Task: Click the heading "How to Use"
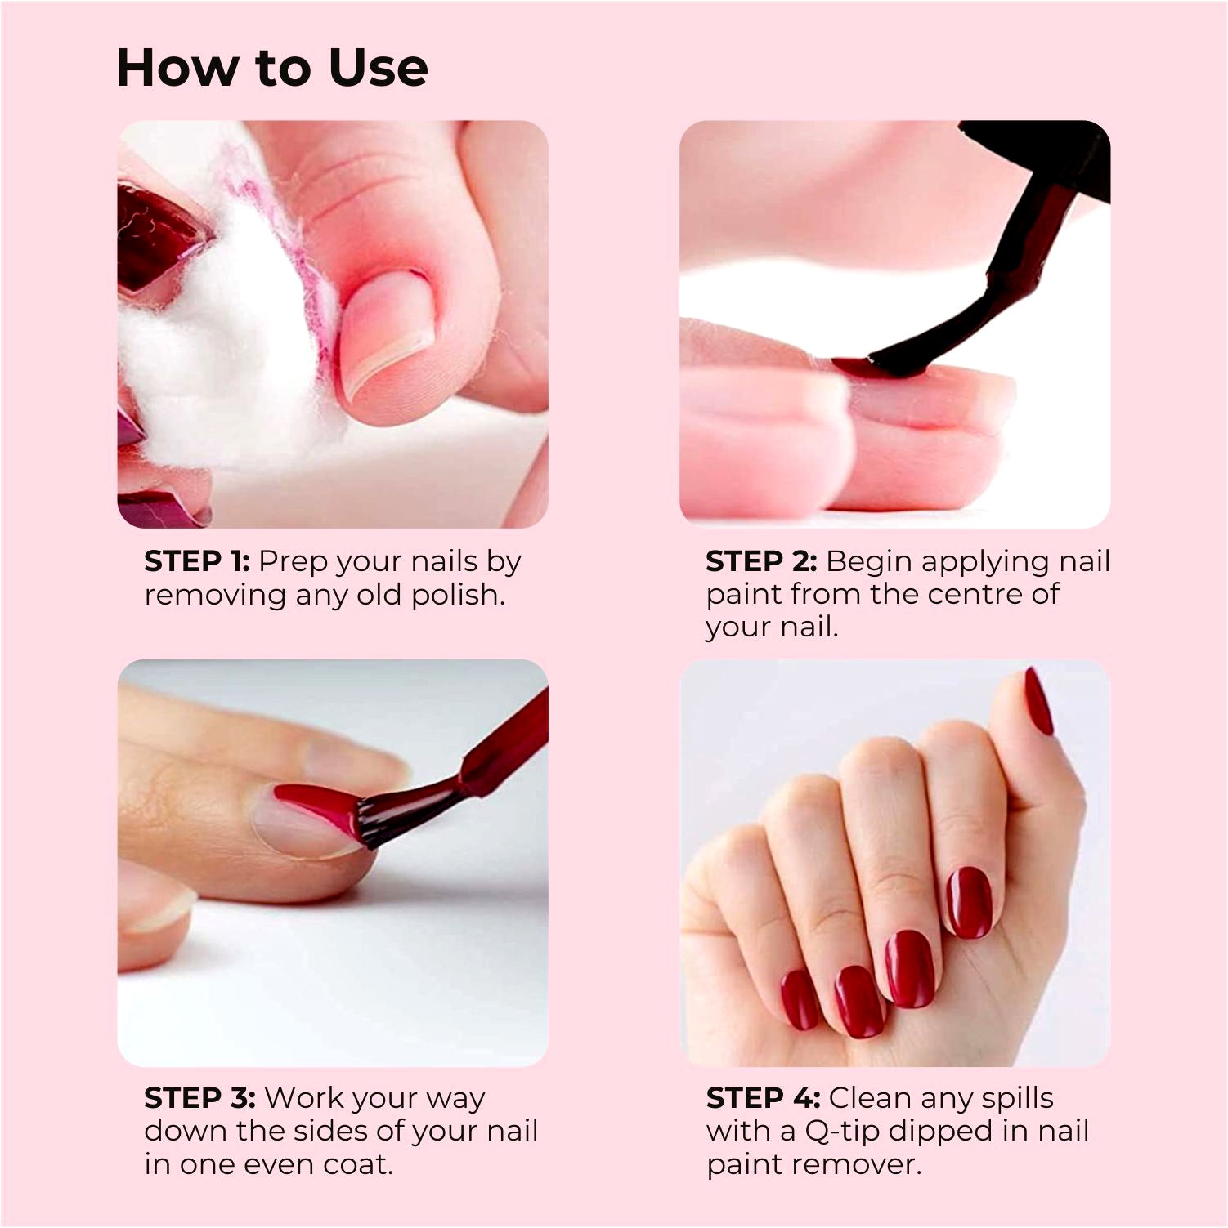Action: coord(271,67)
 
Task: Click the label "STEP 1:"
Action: coord(197,561)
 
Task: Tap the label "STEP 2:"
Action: coord(761,561)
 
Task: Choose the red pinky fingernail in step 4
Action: coord(799,1000)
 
